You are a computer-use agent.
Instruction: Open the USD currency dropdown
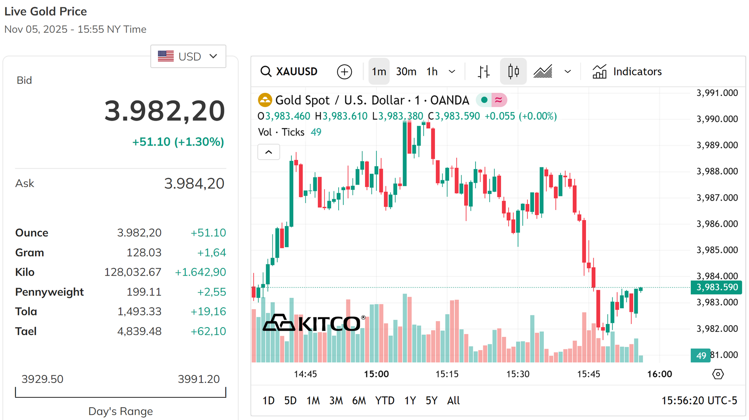tap(188, 56)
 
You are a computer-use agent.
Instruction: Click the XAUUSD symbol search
tap(289, 71)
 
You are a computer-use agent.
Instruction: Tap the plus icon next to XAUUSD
tap(344, 72)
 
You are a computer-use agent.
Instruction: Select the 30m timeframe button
tap(406, 71)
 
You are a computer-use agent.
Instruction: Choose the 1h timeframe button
tap(432, 71)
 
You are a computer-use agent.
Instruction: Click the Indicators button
tap(627, 71)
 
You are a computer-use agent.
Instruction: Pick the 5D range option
tap(290, 400)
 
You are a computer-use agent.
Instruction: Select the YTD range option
tap(385, 400)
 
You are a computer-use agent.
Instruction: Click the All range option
tap(453, 400)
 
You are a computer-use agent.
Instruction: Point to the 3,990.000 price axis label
tap(717, 119)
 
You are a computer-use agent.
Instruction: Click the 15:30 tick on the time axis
tap(518, 374)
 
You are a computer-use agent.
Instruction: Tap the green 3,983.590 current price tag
tap(716, 287)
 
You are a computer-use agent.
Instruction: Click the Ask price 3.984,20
tap(194, 183)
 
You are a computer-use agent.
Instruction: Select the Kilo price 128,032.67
tap(133, 272)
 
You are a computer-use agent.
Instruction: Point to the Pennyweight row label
tap(50, 292)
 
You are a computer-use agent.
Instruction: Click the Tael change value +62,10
tap(208, 331)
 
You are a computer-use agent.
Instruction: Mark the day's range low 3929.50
tap(42, 379)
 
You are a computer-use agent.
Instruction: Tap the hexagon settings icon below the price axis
tap(718, 374)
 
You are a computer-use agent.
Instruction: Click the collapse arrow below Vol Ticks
tap(269, 152)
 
